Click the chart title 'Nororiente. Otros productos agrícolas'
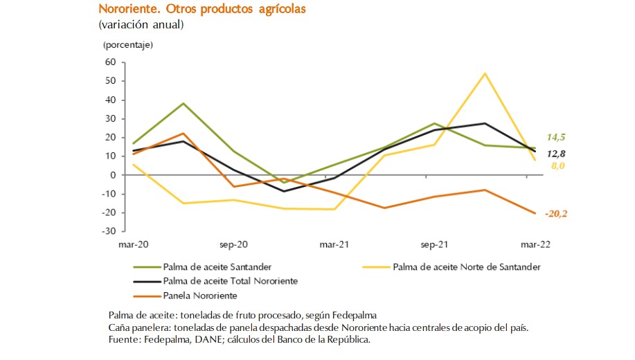tap(202, 10)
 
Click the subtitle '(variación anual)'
tap(141, 25)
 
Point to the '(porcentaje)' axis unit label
tap(128, 45)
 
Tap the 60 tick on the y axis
tap(110, 62)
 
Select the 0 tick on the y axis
tap(113, 175)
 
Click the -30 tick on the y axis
tap(109, 231)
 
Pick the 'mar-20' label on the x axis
tap(134, 244)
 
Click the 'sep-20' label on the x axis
tap(233, 244)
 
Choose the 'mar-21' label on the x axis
tap(334, 244)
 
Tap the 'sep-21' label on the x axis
tap(433, 244)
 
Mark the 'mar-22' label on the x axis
tap(535, 244)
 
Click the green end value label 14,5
tap(557, 137)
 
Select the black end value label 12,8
tap(557, 153)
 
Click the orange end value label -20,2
tap(556, 214)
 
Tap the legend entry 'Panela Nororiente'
tap(200, 296)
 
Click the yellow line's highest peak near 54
tap(485, 73)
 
